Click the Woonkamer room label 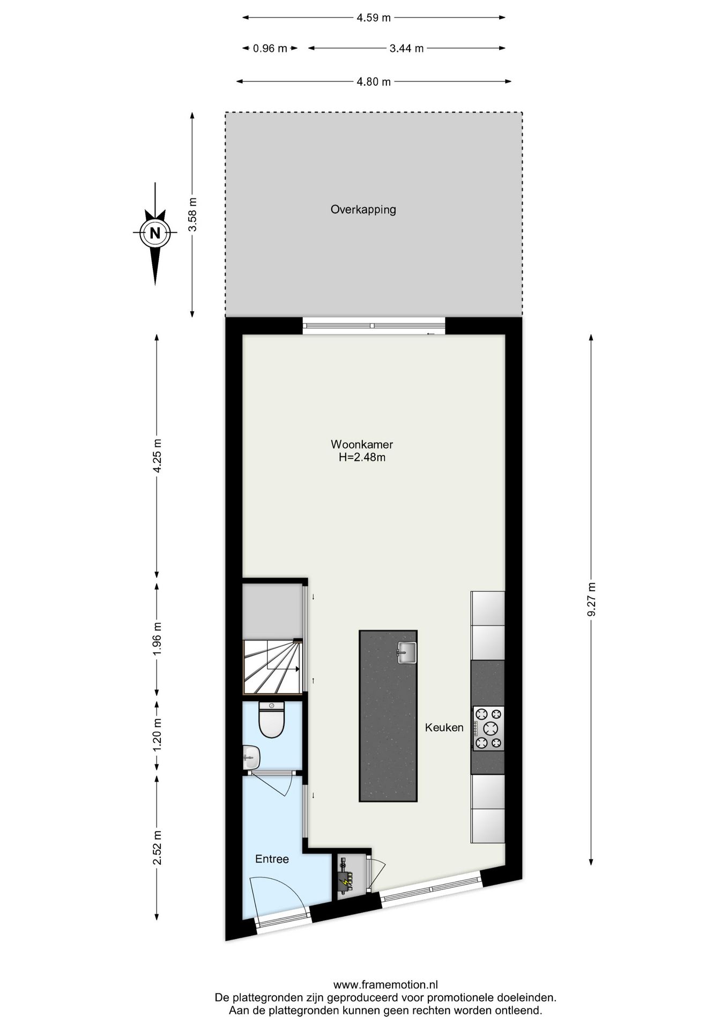pyautogui.click(x=361, y=444)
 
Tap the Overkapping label pyautogui.click(x=363, y=209)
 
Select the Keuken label pyautogui.click(x=444, y=727)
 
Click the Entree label pyautogui.click(x=272, y=859)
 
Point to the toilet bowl pyautogui.click(x=271, y=722)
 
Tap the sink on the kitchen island pyautogui.click(x=407, y=652)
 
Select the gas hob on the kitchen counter pyautogui.click(x=488, y=728)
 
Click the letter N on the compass pyautogui.click(x=155, y=233)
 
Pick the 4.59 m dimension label pyautogui.click(x=374, y=18)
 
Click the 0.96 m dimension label pyautogui.click(x=270, y=48)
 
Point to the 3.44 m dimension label pyautogui.click(x=406, y=48)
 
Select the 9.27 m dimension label pyautogui.click(x=591, y=599)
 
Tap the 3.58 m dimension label pyautogui.click(x=192, y=214)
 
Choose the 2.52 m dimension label pyautogui.click(x=157, y=847)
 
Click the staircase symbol pyautogui.click(x=272, y=667)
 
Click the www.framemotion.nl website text pyautogui.click(x=385, y=984)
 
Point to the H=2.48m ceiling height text pyautogui.click(x=362, y=458)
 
